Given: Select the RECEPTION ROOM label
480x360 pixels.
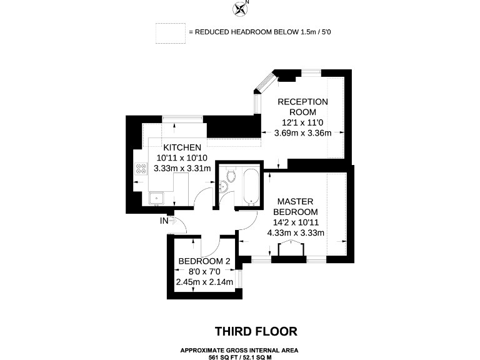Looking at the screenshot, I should pos(302,106).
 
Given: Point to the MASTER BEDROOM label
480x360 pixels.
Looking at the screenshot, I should pos(299,207).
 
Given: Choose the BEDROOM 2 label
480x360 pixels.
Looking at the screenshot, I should pos(205,261).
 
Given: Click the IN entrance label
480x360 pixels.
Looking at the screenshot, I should pos(164,221).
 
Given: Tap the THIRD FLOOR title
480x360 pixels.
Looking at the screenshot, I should pos(256,331).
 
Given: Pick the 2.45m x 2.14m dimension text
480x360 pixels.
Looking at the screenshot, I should pos(205,282).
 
